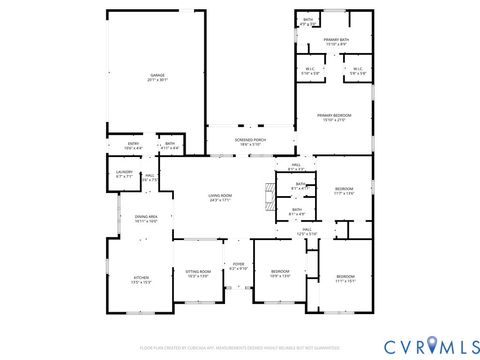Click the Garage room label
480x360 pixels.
157,77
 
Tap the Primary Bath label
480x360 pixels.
335,41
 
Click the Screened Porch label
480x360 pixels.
250,142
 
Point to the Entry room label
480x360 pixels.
134,146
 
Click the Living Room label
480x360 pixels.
220,197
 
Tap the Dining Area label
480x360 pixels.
146,218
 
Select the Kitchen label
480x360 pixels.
142,280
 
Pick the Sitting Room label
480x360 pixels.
198,273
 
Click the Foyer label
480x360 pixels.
238,267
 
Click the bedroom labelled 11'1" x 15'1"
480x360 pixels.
345,276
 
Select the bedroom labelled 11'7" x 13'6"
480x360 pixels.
344,190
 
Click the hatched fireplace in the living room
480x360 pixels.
267,194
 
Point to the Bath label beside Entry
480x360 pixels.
170,146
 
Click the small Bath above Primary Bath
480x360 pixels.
308,21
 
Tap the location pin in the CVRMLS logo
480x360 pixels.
432,345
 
